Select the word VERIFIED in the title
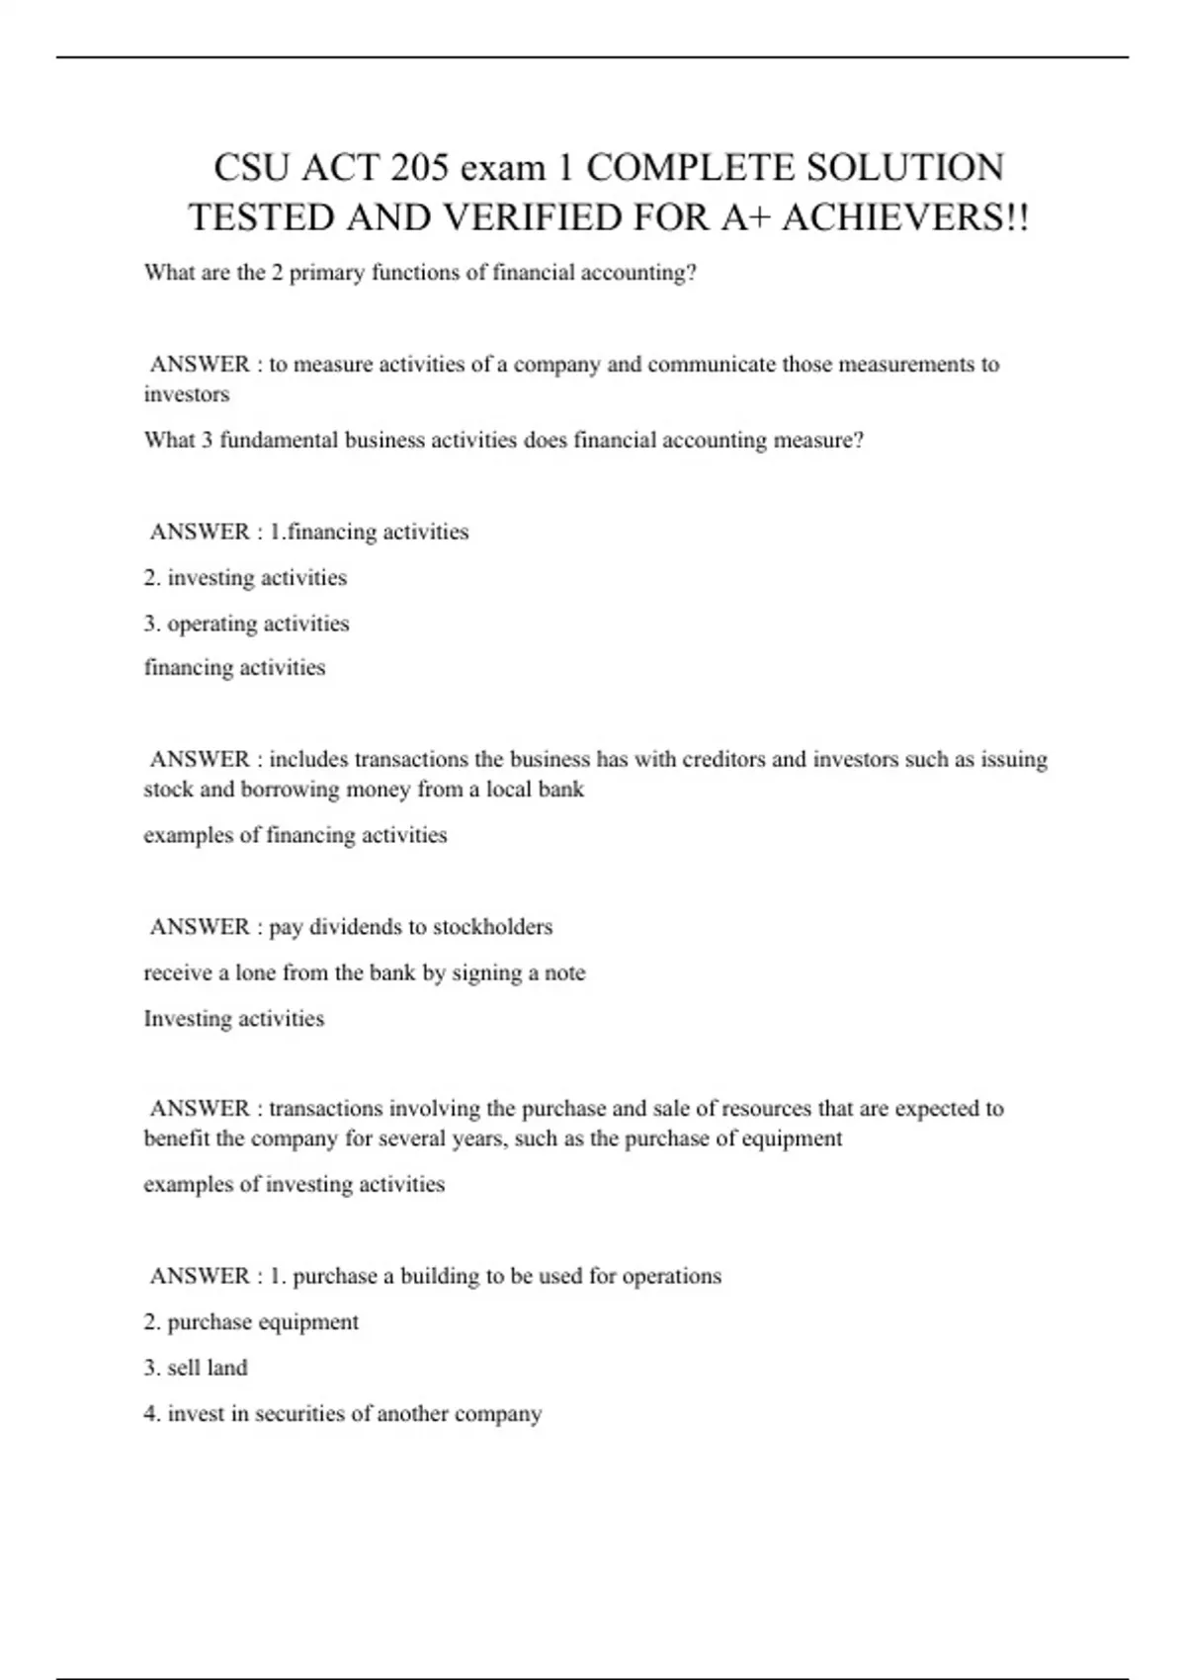click(530, 217)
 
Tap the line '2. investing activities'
click(245, 578)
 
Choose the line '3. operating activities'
click(246, 624)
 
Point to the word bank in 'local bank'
click(559, 790)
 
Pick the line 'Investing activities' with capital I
click(233, 1019)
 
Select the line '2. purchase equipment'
click(251, 1322)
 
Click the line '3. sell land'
click(196, 1368)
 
